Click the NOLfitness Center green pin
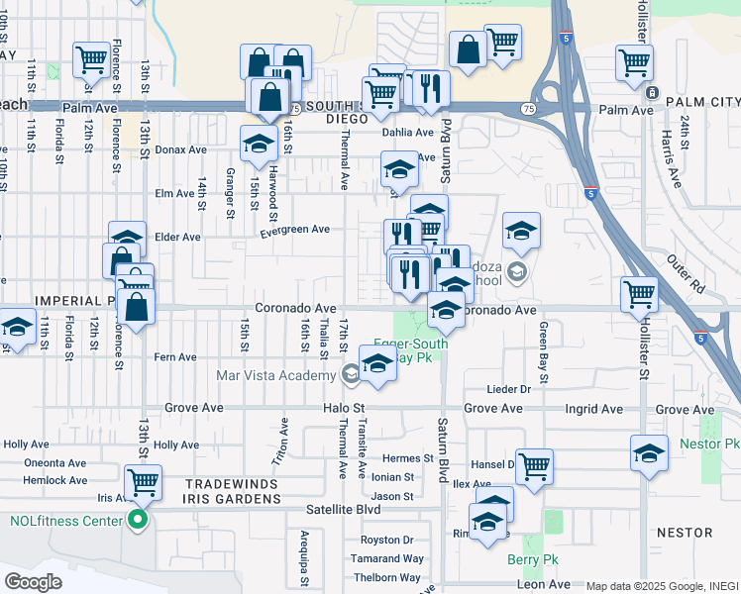pos(138,520)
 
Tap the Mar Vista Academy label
pos(276,375)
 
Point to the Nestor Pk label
pos(710,445)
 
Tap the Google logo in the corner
pos(33,581)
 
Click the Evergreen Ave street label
pos(294,230)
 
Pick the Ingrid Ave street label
pos(592,409)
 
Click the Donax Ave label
pos(180,150)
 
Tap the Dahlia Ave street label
pos(408,132)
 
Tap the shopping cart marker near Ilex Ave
pos(534,464)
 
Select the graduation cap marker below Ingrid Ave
pos(649,453)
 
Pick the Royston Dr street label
pos(386,540)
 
